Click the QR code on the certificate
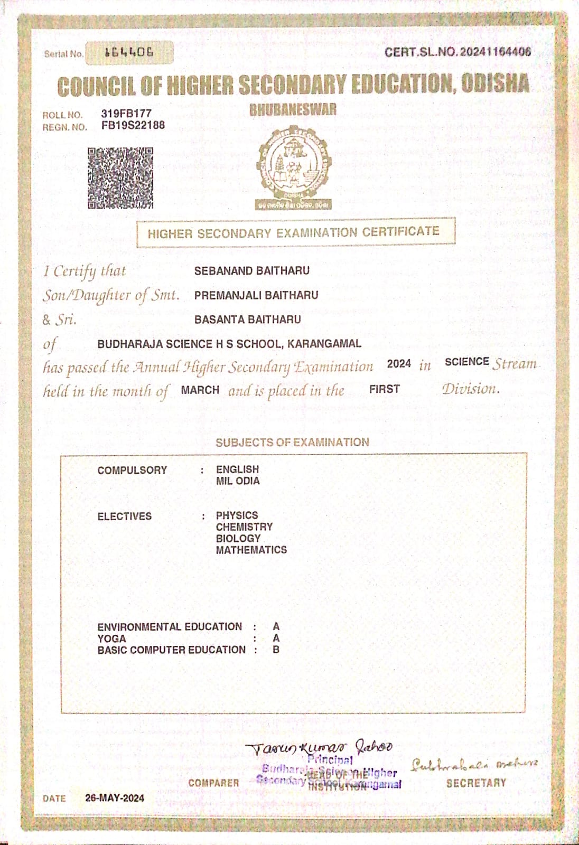[x=120, y=178]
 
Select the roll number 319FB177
[x=126, y=114]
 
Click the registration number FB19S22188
[x=133, y=125]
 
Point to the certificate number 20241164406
[x=495, y=52]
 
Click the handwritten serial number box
[x=129, y=52]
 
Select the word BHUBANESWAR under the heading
[x=293, y=110]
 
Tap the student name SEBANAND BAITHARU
[x=251, y=271]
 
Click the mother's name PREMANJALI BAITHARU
[x=256, y=295]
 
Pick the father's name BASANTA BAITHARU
[x=247, y=320]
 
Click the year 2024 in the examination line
[x=399, y=364]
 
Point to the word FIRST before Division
[x=385, y=389]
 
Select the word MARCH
[x=200, y=390]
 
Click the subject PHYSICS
[x=237, y=515]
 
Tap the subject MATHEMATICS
[x=251, y=550]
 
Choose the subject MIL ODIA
[x=238, y=481]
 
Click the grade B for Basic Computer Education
[x=276, y=650]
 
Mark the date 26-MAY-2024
[x=115, y=798]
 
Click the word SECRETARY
[x=476, y=783]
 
